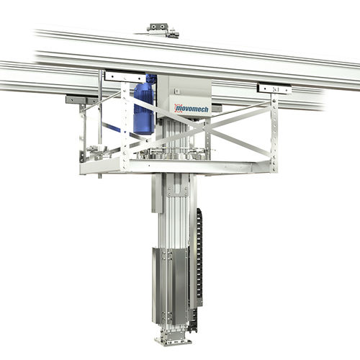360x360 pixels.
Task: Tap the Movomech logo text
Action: point(190,107)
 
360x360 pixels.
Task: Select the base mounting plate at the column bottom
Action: point(173,339)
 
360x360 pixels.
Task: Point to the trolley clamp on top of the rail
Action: point(161,30)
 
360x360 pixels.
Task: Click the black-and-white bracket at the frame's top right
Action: point(275,89)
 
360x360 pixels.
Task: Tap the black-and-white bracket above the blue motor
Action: point(125,75)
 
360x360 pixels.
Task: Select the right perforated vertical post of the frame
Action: point(274,130)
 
